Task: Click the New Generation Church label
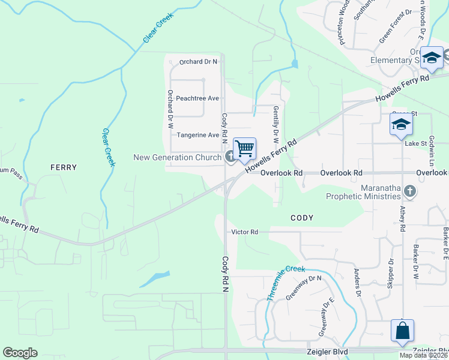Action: (178, 158)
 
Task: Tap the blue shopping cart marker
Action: (244, 148)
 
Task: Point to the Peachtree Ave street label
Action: (197, 98)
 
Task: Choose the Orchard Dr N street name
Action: (198, 61)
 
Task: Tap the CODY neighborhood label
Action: (301, 218)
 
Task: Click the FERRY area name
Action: (64, 167)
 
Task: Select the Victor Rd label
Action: (244, 232)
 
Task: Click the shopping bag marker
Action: (402, 331)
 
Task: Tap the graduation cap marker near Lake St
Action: (400, 125)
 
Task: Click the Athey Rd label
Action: (402, 220)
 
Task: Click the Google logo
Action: (20, 353)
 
